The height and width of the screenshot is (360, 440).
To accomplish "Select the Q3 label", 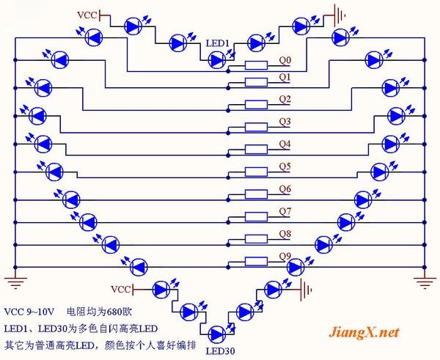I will coord(285,121).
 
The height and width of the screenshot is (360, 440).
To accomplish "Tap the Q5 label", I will coord(285,166).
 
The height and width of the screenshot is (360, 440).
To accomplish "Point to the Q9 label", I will coord(285,254).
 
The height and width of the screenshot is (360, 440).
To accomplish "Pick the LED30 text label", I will coord(220,350).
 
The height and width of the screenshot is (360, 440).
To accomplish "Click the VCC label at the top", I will coord(87,14).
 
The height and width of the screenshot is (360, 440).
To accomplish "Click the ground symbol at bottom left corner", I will coord(13,277).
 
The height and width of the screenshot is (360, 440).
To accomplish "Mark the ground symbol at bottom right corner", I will coord(425,277).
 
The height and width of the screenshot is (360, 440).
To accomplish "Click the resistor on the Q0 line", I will coord(256,66).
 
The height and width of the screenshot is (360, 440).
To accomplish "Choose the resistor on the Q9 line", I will coord(256,261).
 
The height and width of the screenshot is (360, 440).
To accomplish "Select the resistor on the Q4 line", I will coord(256,150).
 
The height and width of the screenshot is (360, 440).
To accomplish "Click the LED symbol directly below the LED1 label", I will coord(219,59).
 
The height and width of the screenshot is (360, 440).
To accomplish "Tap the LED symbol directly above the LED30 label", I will coord(219,334).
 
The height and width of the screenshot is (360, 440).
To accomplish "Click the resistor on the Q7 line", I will coord(256,217).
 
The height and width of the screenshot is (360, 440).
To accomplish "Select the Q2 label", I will coord(285,99).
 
